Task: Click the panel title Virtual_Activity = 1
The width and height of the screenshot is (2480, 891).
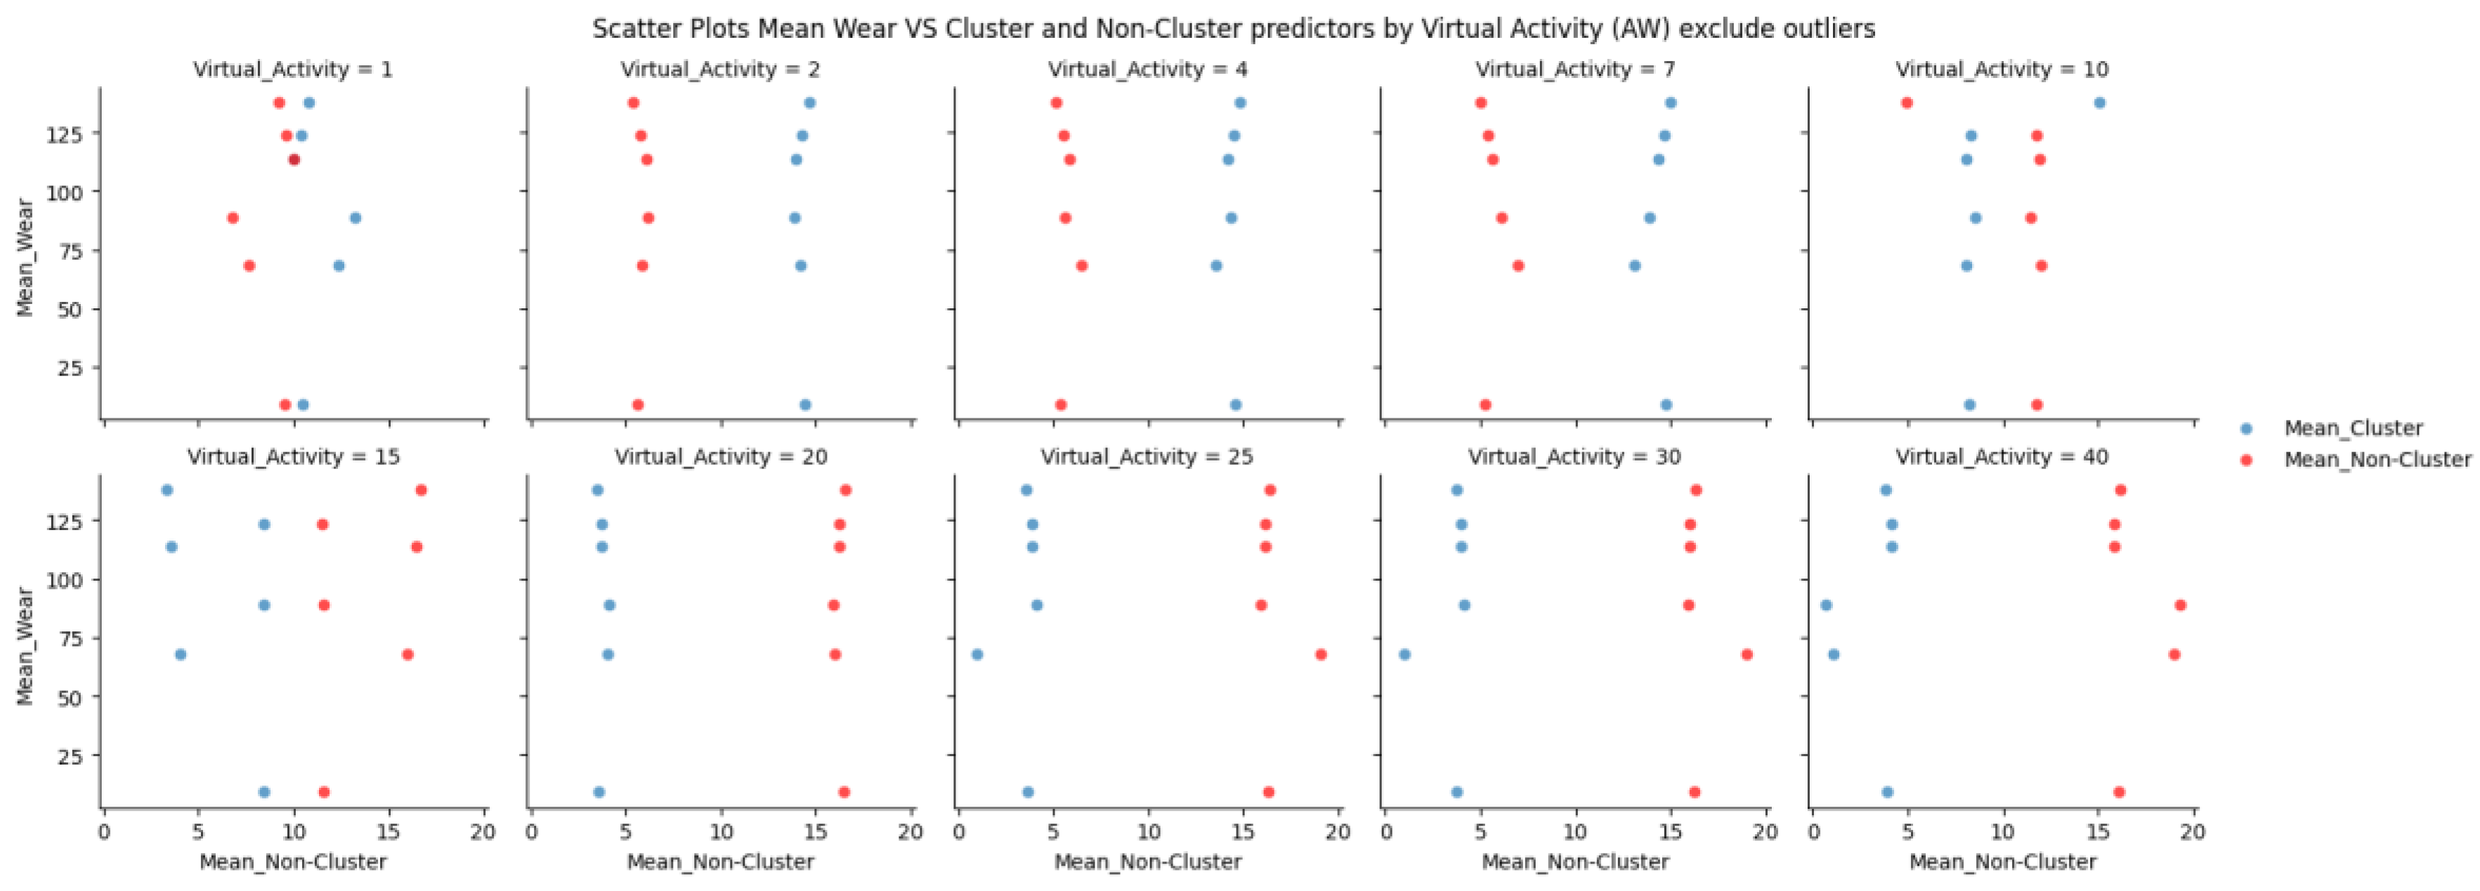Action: pyautogui.click(x=293, y=70)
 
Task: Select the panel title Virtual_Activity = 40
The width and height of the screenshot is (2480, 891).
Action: pyautogui.click(x=2002, y=457)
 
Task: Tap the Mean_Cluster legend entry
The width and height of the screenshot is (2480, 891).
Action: pyautogui.click(x=2352, y=428)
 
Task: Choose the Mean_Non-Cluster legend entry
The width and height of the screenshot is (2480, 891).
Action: pyautogui.click(x=2376, y=460)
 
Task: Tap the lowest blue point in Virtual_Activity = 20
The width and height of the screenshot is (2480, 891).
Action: pyautogui.click(x=599, y=793)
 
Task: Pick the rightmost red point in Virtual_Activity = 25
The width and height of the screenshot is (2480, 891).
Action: pyautogui.click(x=1321, y=654)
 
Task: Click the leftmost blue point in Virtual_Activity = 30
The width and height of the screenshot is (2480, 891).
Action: pyautogui.click(x=1404, y=654)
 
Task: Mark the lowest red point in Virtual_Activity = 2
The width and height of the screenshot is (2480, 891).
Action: pyautogui.click(x=637, y=405)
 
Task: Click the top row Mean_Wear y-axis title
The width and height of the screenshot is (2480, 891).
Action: pyautogui.click(x=25, y=257)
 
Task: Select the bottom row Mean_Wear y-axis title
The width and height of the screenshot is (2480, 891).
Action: pyautogui.click(x=25, y=646)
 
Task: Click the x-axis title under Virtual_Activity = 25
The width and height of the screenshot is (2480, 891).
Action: pyautogui.click(x=1147, y=862)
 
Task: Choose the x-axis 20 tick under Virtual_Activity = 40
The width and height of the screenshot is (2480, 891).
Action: pyautogui.click(x=2192, y=831)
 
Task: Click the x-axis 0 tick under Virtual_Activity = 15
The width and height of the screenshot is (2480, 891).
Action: pyautogui.click(x=104, y=831)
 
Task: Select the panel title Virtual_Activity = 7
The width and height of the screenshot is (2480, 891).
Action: pyautogui.click(x=1575, y=70)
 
